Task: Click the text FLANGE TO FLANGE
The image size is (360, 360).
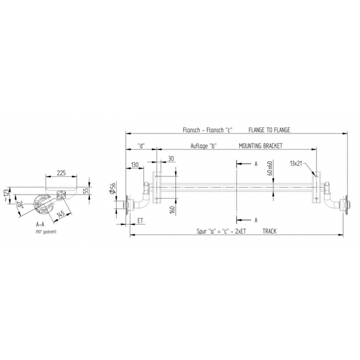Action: [269, 129]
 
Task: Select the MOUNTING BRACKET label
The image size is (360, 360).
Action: [260, 145]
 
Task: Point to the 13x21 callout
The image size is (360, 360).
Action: [296, 164]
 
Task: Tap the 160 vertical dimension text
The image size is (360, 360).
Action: [173, 210]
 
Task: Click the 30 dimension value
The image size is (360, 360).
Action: [170, 159]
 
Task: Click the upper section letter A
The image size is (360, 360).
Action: [255, 164]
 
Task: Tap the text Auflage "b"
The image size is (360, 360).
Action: [203, 145]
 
